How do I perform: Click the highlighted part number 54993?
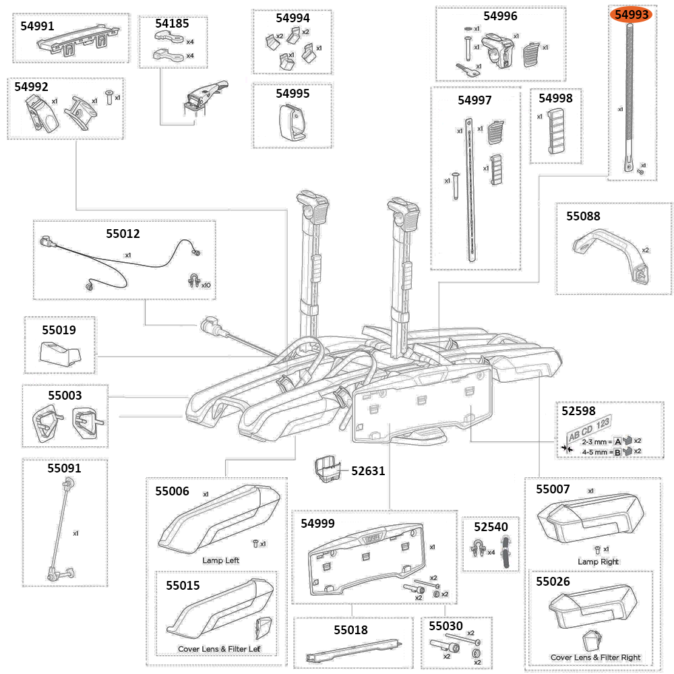(x=631, y=14)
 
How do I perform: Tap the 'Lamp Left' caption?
(x=220, y=560)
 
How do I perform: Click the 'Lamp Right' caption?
(x=598, y=561)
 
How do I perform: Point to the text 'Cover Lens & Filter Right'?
(x=595, y=657)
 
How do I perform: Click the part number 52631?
(x=368, y=471)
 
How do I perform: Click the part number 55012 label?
(x=123, y=234)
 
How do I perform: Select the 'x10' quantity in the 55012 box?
(x=206, y=285)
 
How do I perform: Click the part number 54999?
(x=317, y=523)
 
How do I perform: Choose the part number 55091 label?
(x=64, y=468)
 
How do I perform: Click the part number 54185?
(x=173, y=24)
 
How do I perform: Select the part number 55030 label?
(x=446, y=626)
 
